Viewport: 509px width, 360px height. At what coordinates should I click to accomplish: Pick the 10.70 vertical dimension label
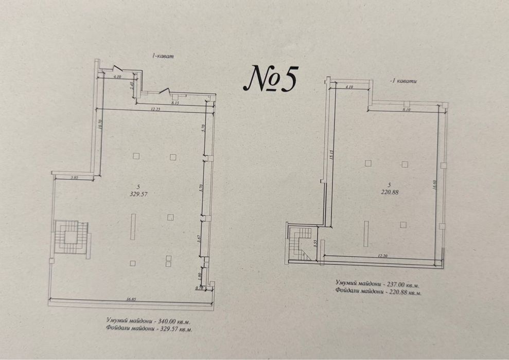[100, 125]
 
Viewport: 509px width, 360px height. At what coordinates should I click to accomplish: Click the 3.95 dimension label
[74, 177]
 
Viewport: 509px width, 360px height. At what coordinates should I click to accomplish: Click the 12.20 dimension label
[381, 255]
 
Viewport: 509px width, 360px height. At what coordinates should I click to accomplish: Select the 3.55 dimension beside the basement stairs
[315, 243]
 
